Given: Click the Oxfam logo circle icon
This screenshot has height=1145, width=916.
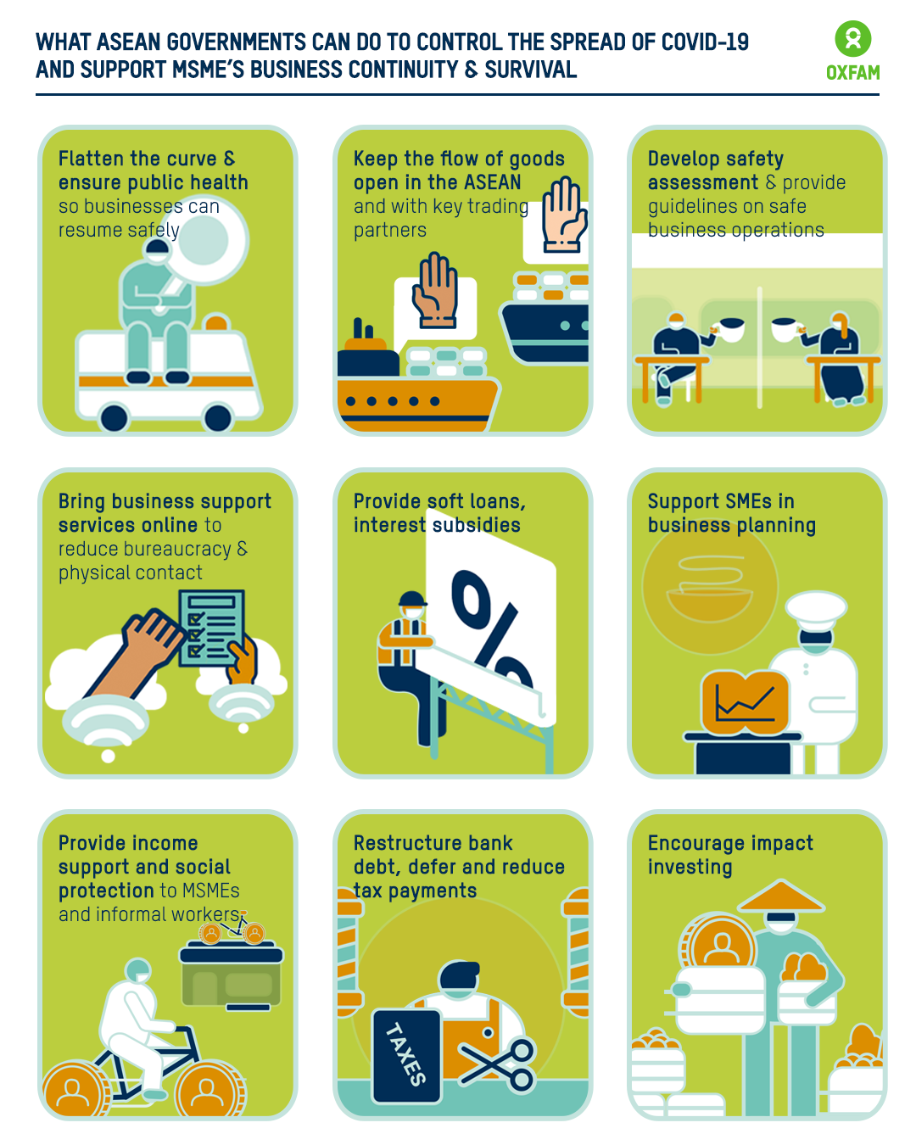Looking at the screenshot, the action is [x=852, y=39].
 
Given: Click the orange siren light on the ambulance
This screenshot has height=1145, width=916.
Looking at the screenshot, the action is [x=216, y=322].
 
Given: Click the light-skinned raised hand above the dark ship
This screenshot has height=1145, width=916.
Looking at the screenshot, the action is [x=564, y=215].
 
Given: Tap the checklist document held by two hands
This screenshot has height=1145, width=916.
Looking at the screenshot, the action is [x=211, y=628].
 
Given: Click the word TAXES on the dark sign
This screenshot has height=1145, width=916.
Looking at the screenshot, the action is [x=406, y=1053].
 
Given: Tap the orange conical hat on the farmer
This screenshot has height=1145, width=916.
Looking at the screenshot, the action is [x=781, y=896].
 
